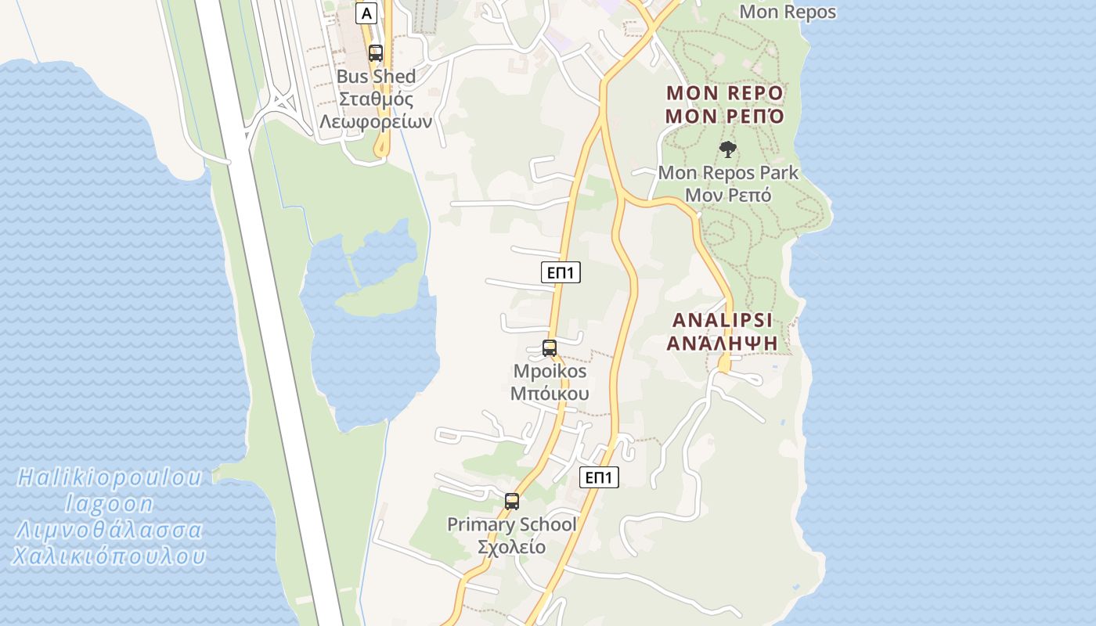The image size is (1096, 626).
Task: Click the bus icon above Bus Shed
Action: [x=376, y=53]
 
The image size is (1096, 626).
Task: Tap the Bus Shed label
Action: [x=376, y=77]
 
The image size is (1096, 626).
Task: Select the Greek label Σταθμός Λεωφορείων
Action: [x=376, y=110]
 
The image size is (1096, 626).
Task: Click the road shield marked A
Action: [x=366, y=13]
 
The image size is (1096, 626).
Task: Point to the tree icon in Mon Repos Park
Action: [x=728, y=149]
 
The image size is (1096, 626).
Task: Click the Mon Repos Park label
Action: [x=728, y=172]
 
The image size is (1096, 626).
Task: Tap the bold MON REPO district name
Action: [x=725, y=93]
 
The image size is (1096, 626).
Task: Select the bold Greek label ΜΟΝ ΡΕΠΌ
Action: [x=725, y=117]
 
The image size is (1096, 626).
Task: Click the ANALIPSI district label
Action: [x=723, y=320]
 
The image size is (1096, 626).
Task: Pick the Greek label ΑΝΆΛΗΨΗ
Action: [x=723, y=343]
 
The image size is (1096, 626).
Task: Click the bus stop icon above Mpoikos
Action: [x=550, y=348]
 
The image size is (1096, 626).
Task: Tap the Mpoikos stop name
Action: [x=550, y=371]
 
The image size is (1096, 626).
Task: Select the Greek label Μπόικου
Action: [x=550, y=393]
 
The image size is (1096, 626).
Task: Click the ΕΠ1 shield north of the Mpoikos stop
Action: [x=561, y=272]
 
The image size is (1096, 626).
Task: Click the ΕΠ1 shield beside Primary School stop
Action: [x=599, y=477]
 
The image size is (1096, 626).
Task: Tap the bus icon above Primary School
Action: [x=512, y=502]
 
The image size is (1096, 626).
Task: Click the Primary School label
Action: [x=512, y=524]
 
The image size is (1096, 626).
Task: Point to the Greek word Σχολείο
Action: [x=512, y=546]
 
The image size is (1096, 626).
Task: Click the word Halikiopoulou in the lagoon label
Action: [x=110, y=477]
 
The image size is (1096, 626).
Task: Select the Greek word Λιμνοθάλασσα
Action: [x=110, y=531]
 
